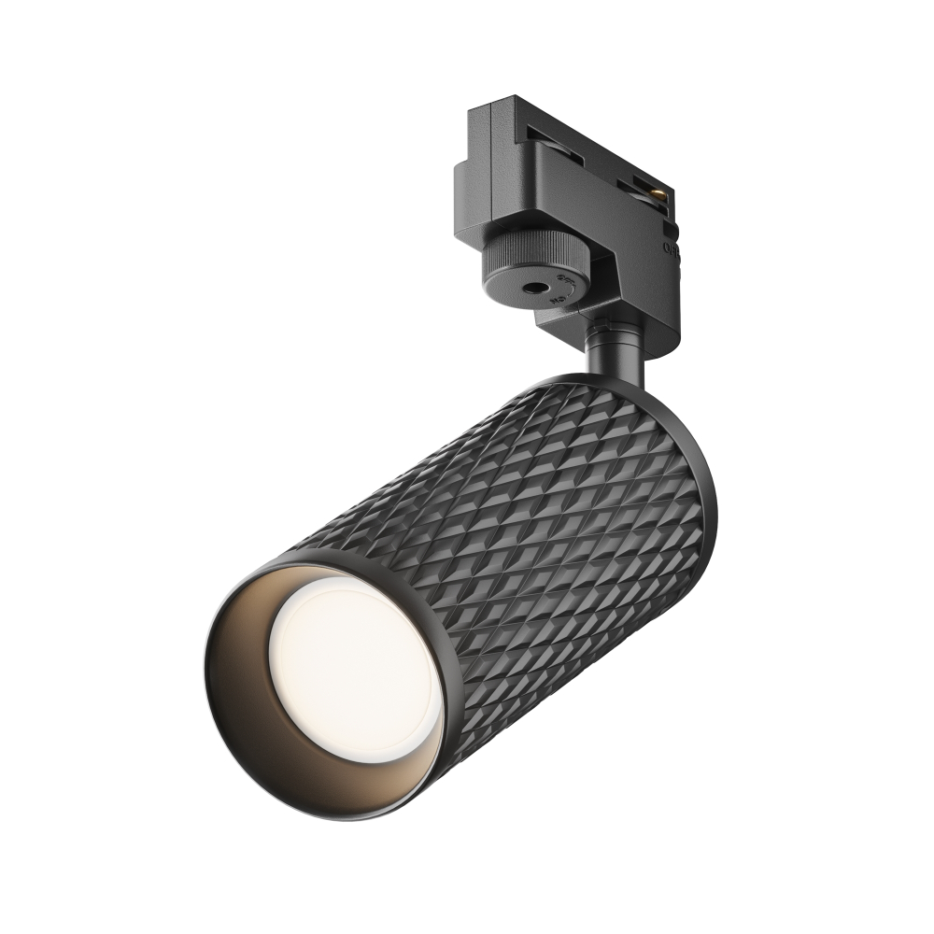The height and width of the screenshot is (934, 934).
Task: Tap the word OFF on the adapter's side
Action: point(671,248)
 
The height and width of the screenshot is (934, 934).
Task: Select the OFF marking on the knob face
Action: point(564,279)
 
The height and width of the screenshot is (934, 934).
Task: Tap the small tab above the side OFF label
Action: point(669,227)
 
